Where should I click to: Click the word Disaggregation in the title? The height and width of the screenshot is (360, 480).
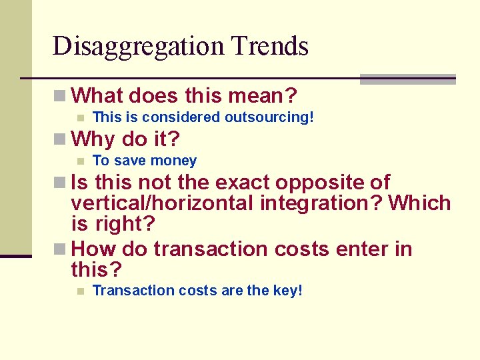pos(138,47)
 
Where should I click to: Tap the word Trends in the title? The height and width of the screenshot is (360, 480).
pos(270,47)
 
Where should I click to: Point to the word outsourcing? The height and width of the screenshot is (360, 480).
pos(267,118)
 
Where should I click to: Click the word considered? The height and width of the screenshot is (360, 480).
pos(183,118)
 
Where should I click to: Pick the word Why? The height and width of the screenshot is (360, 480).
pos(93,139)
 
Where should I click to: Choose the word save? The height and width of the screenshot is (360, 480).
pos(131,161)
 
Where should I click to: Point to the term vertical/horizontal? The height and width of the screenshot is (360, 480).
pos(160,203)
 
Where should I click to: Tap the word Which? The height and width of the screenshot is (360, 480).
pos(420,203)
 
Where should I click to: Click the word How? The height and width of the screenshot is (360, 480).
pos(93,249)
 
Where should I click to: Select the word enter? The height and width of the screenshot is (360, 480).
pos(364,249)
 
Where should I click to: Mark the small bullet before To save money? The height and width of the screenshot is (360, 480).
pos(80,161)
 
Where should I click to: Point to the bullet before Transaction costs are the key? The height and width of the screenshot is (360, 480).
pos(80,291)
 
